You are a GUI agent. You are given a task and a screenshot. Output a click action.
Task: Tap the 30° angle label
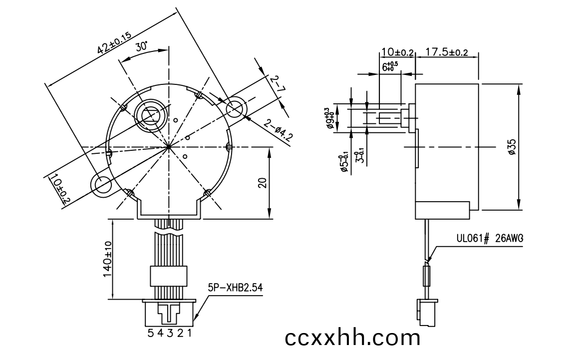(x=142, y=46)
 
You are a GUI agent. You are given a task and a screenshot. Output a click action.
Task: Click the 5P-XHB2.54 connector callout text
(x=235, y=288)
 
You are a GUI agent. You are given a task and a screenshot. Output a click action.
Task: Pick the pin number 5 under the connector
(x=151, y=333)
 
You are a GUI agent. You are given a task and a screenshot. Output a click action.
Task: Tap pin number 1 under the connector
(x=189, y=333)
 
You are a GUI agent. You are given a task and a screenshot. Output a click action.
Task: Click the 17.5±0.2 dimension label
(x=446, y=52)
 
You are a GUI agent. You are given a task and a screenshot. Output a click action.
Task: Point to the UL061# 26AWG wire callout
(x=490, y=238)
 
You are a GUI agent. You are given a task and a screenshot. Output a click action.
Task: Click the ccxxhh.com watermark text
(x=352, y=337)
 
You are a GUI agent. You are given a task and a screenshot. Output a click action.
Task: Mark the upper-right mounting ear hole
(x=236, y=108)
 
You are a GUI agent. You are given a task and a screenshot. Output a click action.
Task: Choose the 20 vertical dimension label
(x=263, y=182)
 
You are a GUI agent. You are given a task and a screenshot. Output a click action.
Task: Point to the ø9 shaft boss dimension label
(x=328, y=118)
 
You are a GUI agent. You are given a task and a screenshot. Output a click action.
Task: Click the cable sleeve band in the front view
(x=169, y=276)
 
